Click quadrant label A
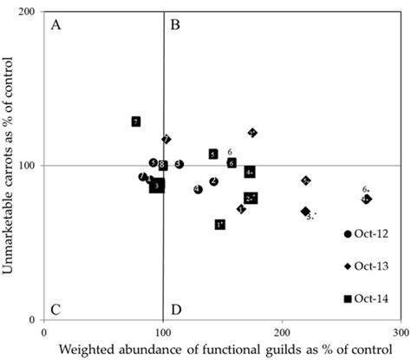pyautogui.click(x=56, y=25)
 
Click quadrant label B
pyautogui.click(x=174, y=25)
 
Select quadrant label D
pyautogui.click(x=176, y=309)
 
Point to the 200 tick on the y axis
pyautogui.click(x=30, y=12)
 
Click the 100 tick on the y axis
pyautogui.click(x=30, y=166)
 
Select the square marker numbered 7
pyautogui.click(x=136, y=121)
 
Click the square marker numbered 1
pyautogui.click(x=220, y=225)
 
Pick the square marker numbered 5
pyautogui.click(x=213, y=154)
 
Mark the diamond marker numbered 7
pyautogui.click(x=166, y=140)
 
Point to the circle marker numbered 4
pyautogui.click(x=198, y=189)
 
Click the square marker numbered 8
pyautogui.click(x=162, y=166)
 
